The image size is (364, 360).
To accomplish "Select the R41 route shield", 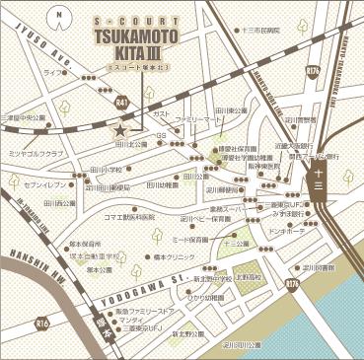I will click(x=120, y=102).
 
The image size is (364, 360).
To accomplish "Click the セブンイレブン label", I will click(x=43, y=184).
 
